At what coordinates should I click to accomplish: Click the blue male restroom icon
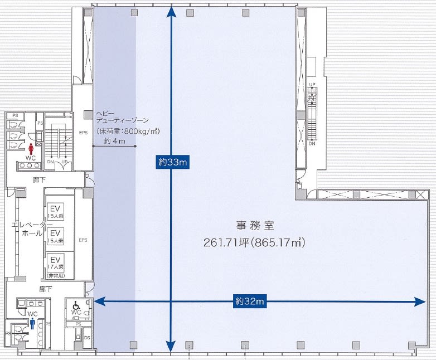[x=33, y=323]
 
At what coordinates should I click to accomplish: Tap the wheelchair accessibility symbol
[x=76, y=305]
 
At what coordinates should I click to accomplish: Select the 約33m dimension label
[x=171, y=162]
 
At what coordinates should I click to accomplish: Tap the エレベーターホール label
[x=27, y=229]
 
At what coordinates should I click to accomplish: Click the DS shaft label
[x=87, y=338]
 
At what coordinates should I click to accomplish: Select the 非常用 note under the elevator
[x=55, y=275]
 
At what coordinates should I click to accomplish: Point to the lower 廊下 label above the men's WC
[x=45, y=290]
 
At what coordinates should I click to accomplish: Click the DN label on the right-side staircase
[x=313, y=143]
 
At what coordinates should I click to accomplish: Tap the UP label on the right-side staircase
[x=313, y=84]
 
